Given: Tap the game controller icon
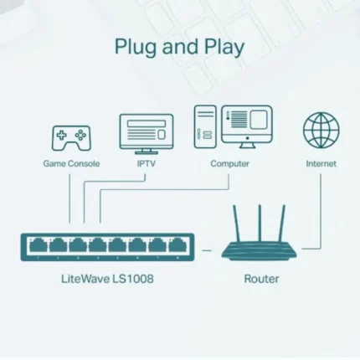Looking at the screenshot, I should [x=71, y=136].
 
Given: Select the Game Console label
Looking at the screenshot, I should [x=71, y=163].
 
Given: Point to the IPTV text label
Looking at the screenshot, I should [x=147, y=163].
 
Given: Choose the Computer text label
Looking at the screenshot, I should [x=229, y=163].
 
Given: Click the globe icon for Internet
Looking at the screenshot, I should [x=321, y=132].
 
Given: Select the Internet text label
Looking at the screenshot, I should [x=321, y=163].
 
